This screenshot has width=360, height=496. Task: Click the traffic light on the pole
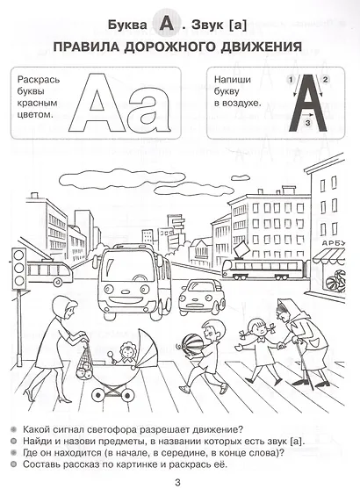click(18, 269)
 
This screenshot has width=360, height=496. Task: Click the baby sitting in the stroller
click(126, 355)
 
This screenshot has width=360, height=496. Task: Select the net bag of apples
click(85, 363)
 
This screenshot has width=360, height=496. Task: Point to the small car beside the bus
click(201, 297)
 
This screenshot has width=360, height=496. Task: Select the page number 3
click(177, 483)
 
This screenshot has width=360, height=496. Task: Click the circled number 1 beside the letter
click(291, 79)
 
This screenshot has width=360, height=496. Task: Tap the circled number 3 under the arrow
click(306, 123)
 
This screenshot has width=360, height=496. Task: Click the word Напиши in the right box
click(233, 79)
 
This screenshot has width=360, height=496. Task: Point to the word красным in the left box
click(38, 103)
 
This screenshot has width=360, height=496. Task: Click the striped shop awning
click(328, 255)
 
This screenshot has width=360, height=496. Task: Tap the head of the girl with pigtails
click(256, 327)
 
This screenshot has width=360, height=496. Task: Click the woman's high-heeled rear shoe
click(30, 395)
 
